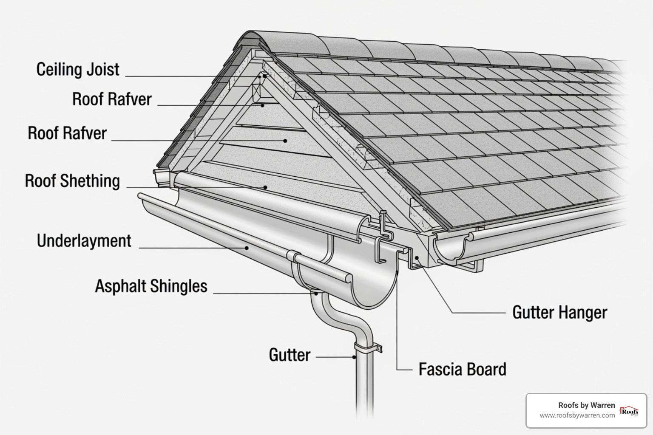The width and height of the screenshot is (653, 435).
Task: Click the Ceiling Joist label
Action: point(78,70)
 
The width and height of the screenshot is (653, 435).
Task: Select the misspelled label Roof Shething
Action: point(72,181)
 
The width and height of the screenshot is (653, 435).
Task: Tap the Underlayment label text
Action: point(84,241)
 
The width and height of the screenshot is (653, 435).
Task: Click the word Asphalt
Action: point(120,286)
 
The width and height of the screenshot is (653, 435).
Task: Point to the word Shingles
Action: point(179,286)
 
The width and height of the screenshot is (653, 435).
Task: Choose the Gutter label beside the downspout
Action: point(290,355)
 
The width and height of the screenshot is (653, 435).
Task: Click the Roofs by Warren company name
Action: point(586,405)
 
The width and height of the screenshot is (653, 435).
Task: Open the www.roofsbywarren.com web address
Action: point(577,415)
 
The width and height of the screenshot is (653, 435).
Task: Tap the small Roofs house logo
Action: point(629,411)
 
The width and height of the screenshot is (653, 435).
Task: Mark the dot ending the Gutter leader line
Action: point(354,357)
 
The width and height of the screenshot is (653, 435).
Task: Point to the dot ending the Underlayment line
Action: point(246,248)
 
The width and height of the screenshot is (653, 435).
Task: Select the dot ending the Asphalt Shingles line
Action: point(316,293)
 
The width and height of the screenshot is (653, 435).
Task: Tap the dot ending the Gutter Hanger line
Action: point(417,257)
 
